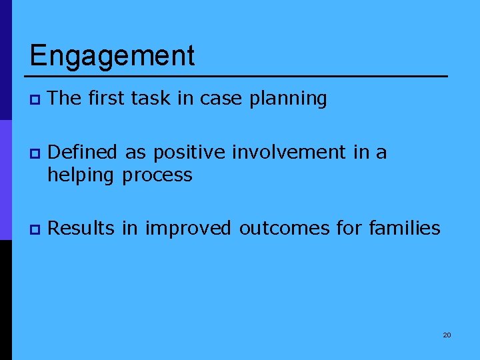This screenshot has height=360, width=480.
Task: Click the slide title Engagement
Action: click(x=112, y=56)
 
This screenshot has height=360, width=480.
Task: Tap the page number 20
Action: click(x=447, y=335)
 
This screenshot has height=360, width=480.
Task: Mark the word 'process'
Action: click(x=157, y=176)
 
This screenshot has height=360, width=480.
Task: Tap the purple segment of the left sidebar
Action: click(x=5, y=180)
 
